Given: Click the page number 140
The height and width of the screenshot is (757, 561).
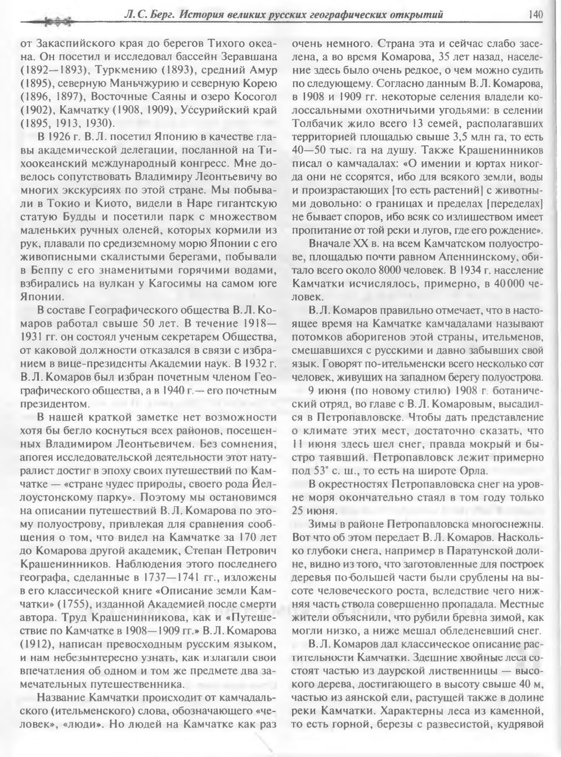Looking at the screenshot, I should pyautogui.click(x=535, y=15).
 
